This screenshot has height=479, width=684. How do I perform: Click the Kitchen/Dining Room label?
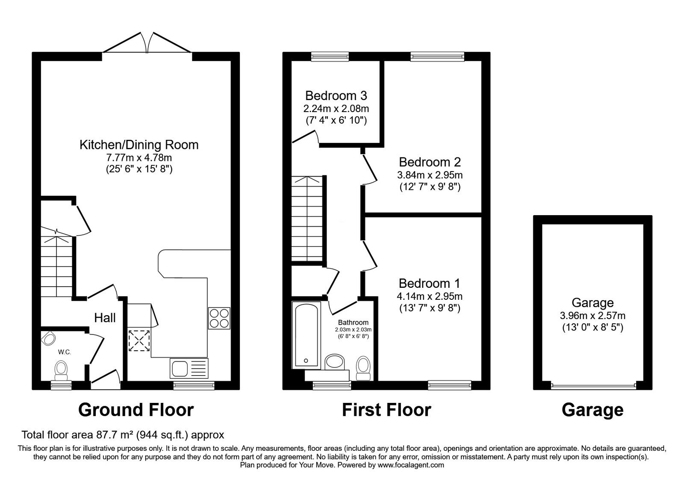pos(139,145)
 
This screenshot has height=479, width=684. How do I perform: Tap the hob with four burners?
pos(219,318)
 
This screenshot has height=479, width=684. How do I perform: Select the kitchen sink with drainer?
pos(189,368)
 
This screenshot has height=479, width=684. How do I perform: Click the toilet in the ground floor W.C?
pos(62,370)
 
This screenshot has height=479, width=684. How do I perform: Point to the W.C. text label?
pos(65,352)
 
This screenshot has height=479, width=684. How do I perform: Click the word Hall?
pos(105,318)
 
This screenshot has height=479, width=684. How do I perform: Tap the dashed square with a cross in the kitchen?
pos(140,340)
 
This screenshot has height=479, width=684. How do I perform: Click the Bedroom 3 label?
pos(336,95)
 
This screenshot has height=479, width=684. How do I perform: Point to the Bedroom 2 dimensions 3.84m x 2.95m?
pos(430,175)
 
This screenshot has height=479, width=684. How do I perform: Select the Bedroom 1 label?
pos(429,283)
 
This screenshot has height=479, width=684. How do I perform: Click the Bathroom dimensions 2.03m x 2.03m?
pos(353,330)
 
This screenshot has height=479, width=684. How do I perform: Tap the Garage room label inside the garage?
pos(593,303)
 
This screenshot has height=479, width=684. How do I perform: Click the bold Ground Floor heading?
pos(136,410)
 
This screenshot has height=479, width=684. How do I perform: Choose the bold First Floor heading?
pos(386,410)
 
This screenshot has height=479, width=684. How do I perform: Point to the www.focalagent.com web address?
pos(410,465)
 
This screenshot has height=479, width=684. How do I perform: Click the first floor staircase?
pos(307,218)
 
